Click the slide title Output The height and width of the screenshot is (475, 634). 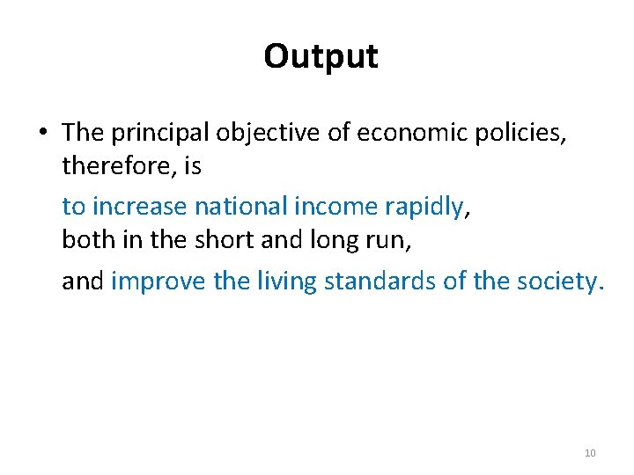click(321, 56)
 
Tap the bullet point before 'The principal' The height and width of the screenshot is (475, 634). click(42, 132)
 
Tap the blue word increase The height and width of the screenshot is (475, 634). click(140, 206)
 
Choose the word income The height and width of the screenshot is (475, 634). click(338, 206)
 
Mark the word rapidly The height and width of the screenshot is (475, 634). click(424, 206)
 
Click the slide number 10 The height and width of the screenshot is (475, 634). click(590, 453)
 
